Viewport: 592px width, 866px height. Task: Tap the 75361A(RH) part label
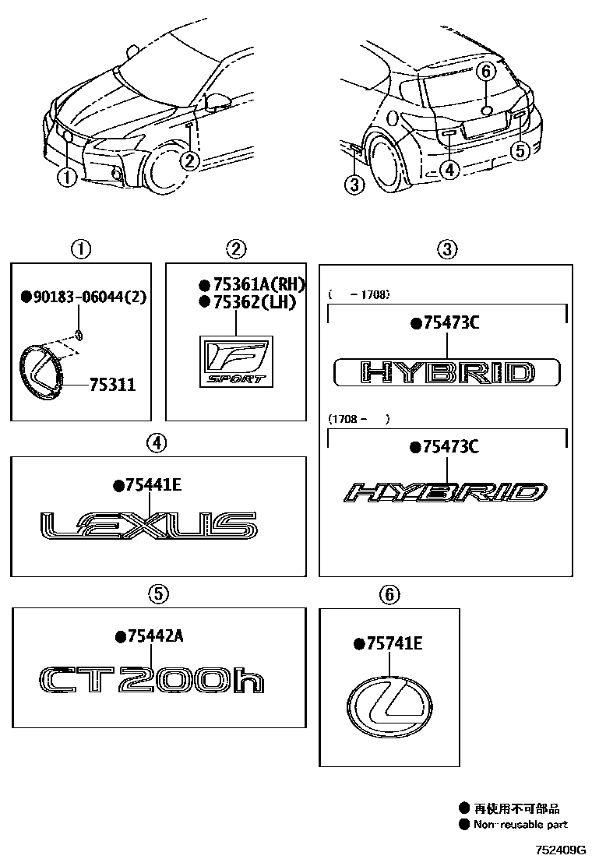click(252, 285)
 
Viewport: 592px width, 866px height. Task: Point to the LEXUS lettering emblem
click(148, 526)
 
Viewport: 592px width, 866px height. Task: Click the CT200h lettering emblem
click(151, 680)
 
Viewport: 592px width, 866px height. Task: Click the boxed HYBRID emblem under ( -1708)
click(446, 372)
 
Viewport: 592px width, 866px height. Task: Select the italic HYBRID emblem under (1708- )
click(446, 492)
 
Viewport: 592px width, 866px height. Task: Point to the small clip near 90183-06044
click(80, 335)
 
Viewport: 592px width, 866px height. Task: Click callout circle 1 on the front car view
click(67, 178)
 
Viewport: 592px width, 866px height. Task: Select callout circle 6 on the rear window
click(485, 72)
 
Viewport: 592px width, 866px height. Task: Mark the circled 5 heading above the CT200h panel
click(157, 594)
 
